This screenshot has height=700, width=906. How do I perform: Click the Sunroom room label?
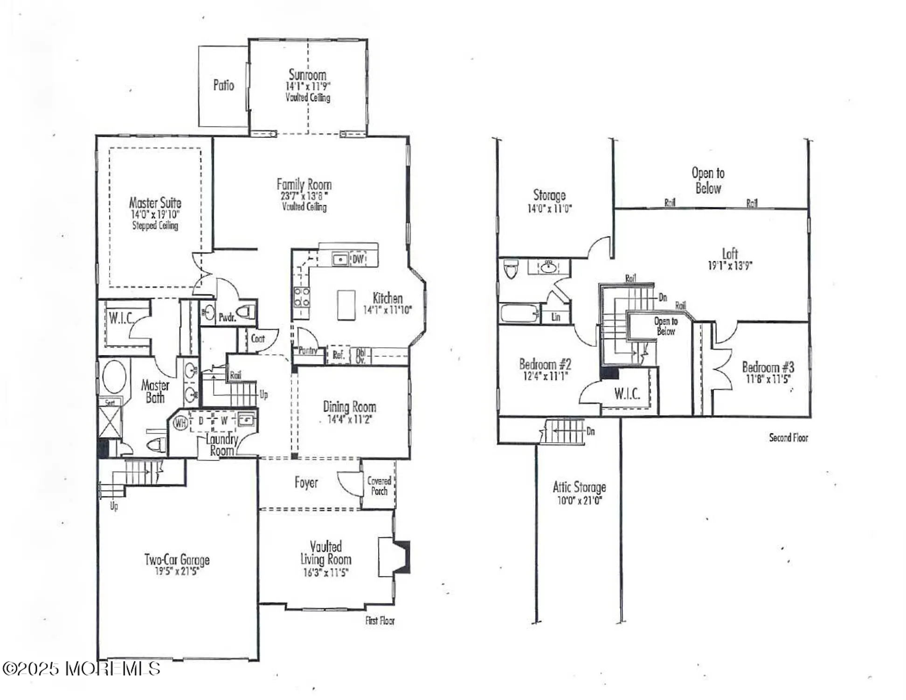tap(307, 75)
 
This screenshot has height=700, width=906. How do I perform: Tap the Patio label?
tap(223, 85)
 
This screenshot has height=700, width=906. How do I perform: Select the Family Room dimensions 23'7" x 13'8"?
tap(304, 196)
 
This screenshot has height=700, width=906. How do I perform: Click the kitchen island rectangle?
tap(346, 305)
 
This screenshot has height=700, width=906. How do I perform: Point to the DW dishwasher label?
tap(358, 259)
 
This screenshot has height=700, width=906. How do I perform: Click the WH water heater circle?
tap(180, 423)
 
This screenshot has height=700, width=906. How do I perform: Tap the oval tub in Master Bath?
tap(114, 376)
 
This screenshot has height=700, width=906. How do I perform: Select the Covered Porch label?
tap(379, 485)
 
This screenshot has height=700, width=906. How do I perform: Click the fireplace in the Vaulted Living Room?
tap(394, 557)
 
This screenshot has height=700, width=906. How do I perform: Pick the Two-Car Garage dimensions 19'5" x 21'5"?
tap(177, 571)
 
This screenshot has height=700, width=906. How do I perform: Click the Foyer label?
tap(306, 482)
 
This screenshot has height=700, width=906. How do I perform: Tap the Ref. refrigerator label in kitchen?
tap(338, 355)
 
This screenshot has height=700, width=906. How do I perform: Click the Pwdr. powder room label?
tap(227, 317)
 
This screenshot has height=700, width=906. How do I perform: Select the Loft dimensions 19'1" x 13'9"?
tap(730, 266)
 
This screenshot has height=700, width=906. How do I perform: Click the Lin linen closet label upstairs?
tap(555, 317)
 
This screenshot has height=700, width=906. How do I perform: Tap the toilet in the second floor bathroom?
tap(511, 269)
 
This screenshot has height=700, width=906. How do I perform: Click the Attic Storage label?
tap(579, 487)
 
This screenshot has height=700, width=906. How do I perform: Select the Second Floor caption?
tap(788, 438)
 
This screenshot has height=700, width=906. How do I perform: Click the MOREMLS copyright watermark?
tap(82, 669)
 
